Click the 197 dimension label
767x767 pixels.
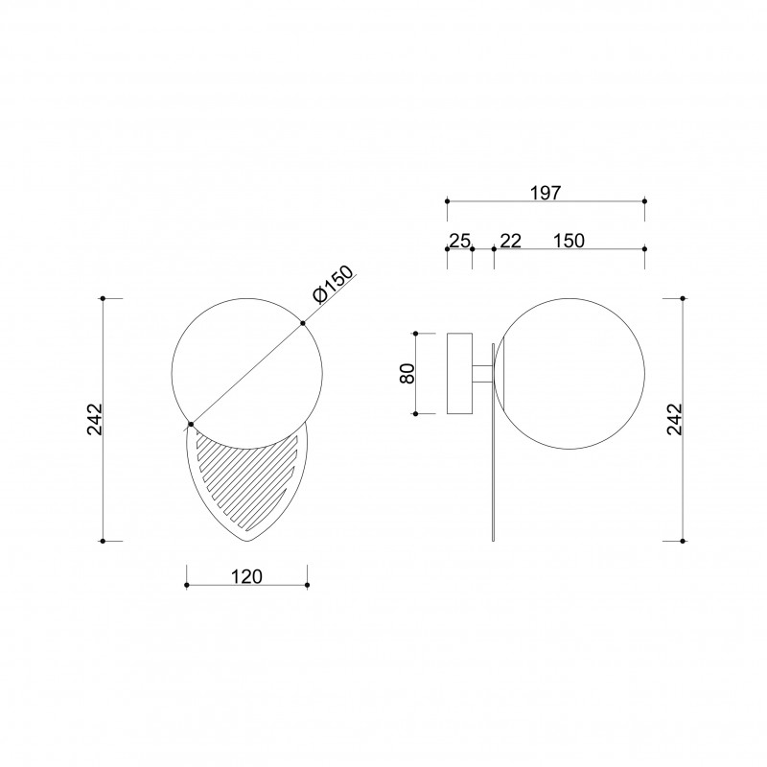coord(546,193)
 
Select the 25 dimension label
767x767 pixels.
coord(460,241)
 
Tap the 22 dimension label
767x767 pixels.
coord(511,241)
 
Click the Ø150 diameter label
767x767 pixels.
coord(333,285)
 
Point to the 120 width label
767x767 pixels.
coord(246,577)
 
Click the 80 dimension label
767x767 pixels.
coord(407,374)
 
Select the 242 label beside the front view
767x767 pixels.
coord(94,419)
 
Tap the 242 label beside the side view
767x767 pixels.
coord(674,419)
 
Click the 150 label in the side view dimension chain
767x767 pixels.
coord(569,241)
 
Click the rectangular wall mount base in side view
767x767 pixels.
coord(460,374)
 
